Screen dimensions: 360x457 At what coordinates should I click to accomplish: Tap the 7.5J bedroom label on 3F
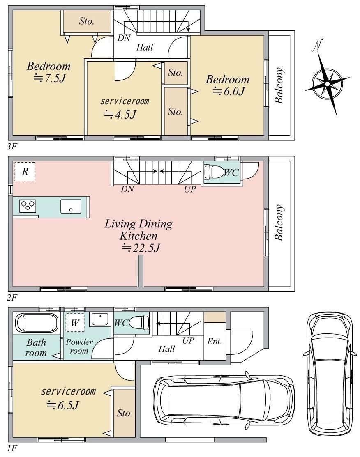(49, 72)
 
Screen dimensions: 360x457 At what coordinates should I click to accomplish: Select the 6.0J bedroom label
(228, 85)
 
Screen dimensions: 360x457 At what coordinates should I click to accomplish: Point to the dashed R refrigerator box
(25, 172)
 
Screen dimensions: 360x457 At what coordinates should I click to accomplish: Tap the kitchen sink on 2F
(71, 207)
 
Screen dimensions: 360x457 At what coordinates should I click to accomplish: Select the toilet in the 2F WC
(212, 172)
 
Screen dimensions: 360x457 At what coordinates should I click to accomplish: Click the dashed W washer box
(75, 322)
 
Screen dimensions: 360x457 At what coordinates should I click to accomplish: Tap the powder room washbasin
(100, 319)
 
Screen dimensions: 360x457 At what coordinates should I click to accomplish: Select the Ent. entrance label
(215, 341)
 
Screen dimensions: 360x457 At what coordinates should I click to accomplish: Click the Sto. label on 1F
(125, 413)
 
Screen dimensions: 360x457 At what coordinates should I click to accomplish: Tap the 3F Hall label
(145, 47)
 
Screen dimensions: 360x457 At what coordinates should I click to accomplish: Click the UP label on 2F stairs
(190, 189)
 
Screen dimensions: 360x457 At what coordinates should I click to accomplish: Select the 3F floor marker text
(12, 146)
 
